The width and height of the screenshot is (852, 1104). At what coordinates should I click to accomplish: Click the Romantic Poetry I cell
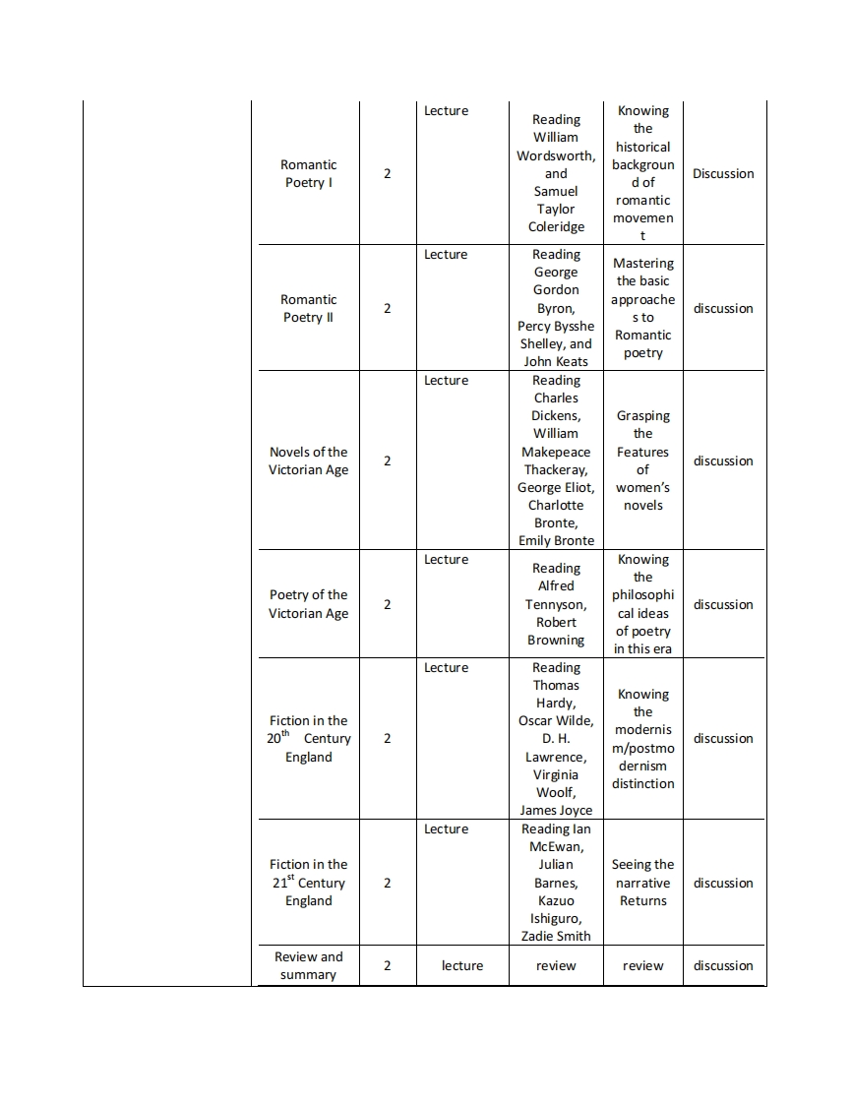click(x=308, y=173)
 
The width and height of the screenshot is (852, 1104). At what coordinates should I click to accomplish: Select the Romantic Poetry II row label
click(x=308, y=308)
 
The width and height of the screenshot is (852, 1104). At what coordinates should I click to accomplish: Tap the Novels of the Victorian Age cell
click(x=308, y=460)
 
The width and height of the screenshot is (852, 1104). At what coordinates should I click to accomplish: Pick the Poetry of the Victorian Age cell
click(x=308, y=604)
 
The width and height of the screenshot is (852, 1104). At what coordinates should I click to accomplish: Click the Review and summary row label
click(x=308, y=965)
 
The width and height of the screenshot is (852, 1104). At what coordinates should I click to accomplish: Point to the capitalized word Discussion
click(x=723, y=173)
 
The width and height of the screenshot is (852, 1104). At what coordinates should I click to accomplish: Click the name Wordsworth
click(x=555, y=155)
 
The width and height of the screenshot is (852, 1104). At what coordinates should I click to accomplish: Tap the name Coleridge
click(x=556, y=226)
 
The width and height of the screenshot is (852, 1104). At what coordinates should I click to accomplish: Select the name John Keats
click(x=556, y=361)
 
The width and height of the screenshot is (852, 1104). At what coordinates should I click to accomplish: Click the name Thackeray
click(x=555, y=469)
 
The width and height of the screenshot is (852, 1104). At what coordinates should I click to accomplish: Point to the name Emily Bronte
click(x=556, y=540)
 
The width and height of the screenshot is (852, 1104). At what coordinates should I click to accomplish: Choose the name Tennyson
click(x=555, y=604)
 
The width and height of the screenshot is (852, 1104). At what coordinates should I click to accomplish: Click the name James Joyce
click(x=556, y=810)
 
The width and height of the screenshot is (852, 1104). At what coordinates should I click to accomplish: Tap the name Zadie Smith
click(x=556, y=936)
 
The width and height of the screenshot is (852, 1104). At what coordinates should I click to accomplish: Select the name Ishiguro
click(x=555, y=918)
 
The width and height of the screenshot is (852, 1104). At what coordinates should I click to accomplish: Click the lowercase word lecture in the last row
click(x=462, y=965)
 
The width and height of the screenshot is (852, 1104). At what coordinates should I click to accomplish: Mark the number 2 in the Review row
click(x=387, y=965)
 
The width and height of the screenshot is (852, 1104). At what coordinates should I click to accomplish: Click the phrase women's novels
click(x=642, y=496)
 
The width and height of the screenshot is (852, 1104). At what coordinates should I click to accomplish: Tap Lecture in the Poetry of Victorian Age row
click(x=446, y=559)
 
